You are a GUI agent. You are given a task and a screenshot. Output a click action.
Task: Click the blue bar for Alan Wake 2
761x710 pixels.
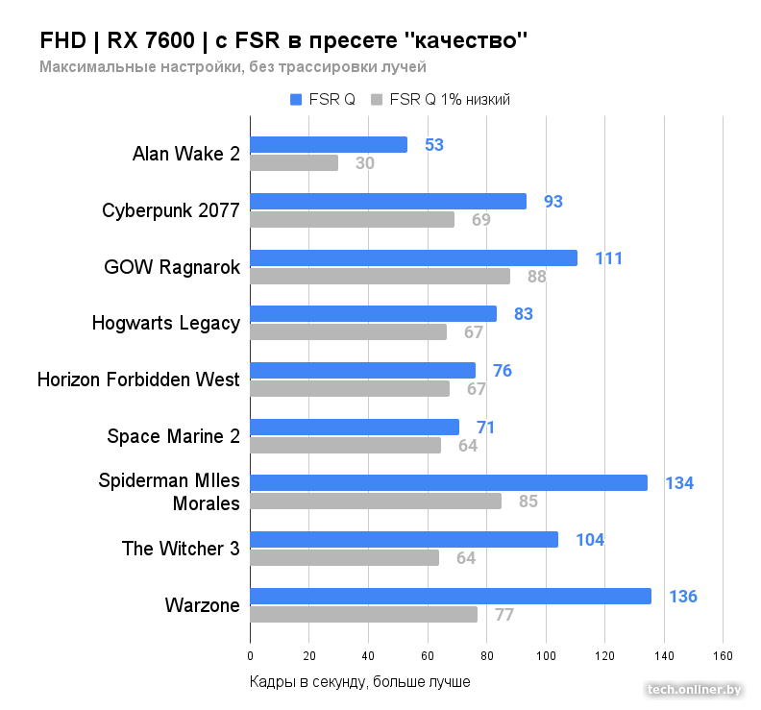pos(329,145)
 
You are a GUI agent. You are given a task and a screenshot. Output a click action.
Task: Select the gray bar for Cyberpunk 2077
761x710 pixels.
pos(352,219)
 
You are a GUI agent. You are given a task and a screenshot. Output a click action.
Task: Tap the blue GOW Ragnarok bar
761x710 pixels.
pos(413,257)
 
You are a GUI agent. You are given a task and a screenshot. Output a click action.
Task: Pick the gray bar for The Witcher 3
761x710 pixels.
pos(344,557)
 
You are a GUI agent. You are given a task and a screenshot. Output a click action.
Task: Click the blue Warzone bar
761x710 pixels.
pos(450,596)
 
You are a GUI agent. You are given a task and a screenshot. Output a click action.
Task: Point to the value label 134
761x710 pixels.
pos(679,483)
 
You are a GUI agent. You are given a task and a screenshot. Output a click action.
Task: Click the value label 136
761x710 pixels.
pos(682,597)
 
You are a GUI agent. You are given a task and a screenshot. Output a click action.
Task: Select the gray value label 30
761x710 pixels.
pos(365,163)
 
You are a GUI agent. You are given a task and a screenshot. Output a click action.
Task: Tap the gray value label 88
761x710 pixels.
pos(536,277)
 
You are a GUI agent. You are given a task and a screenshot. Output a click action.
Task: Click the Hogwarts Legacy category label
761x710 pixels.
pos(166,323)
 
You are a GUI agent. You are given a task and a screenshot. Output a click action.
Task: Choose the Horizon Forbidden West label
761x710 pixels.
pos(138,379)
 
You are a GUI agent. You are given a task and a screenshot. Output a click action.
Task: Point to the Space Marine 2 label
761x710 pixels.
pos(173,436)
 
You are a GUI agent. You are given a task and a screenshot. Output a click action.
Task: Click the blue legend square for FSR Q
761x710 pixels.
pos(296,99)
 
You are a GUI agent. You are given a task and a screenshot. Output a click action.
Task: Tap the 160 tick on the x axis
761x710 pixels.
pos(723,656)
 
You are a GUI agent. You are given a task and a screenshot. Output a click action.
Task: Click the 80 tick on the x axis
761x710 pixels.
pos(486,656)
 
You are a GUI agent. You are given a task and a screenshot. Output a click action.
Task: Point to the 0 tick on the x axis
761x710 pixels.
pos(250,656)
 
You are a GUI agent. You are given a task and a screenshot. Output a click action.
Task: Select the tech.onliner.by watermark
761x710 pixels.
pos(695,689)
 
